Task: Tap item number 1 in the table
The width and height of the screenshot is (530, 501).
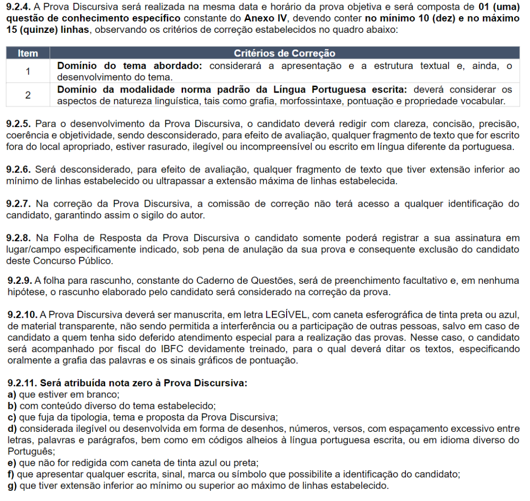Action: [x=28, y=71]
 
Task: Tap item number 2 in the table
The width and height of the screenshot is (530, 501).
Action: [x=28, y=95]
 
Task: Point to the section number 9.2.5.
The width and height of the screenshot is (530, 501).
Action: [x=19, y=124]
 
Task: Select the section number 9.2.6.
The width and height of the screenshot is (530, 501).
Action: [x=19, y=170]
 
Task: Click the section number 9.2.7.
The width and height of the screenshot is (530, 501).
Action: [x=19, y=204]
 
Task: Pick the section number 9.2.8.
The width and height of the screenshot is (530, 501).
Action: [x=19, y=238]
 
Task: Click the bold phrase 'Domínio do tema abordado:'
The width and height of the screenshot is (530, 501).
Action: [x=131, y=66]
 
